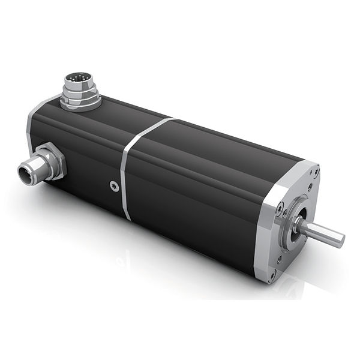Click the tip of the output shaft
pos(340,241)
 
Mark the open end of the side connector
pos(26,171)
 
